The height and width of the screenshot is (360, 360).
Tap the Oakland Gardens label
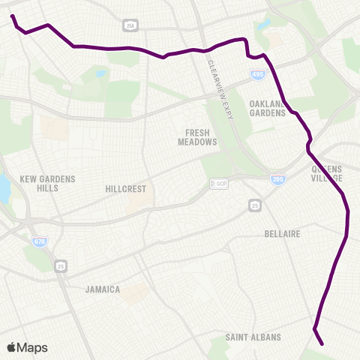click(x=268, y=109)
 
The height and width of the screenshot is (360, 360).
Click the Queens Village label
click(x=328, y=174)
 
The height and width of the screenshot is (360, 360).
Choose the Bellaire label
click(x=283, y=234)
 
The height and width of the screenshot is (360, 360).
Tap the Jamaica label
click(x=103, y=289)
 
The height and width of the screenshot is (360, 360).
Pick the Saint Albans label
click(x=253, y=337)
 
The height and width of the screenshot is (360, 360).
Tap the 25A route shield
click(x=131, y=25)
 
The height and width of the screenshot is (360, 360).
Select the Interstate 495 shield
click(x=256, y=74)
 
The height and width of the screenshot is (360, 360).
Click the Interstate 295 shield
click(x=277, y=179)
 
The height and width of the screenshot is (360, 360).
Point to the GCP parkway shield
click(x=219, y=184)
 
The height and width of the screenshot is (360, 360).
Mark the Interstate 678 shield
click(x=39, y=242)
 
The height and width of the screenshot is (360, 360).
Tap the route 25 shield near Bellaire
click(x=256, y=204)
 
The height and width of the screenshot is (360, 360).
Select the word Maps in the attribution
click(x=33, y=347)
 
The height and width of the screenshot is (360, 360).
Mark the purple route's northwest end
click(x=13, y=16)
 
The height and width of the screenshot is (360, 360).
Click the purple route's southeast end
click(x=322, y=344)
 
